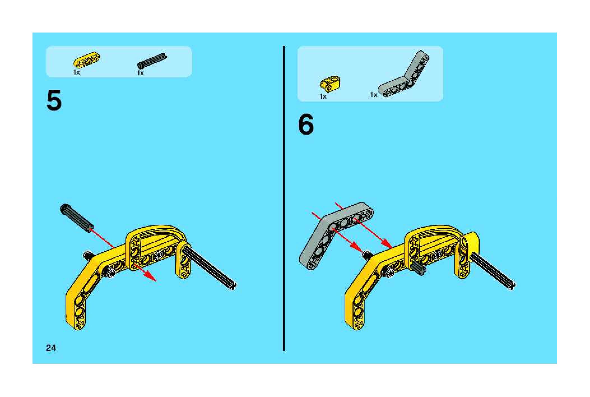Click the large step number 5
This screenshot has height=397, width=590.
click(54, 100)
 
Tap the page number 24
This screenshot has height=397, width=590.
click(51, 348)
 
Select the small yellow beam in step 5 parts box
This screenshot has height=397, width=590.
click(87, 60)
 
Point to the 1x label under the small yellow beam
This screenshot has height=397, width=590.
click(76, 72)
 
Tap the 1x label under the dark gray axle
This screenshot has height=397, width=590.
click(140, 73)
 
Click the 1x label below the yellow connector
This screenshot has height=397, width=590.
click(323, 96)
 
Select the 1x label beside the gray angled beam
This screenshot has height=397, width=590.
click(374, 95)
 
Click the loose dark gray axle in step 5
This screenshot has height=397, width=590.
click(77, 218)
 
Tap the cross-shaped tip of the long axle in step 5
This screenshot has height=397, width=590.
click(233, 286)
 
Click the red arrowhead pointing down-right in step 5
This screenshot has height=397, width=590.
click(151, 277)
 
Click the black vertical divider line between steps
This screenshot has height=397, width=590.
click(284, 198)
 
